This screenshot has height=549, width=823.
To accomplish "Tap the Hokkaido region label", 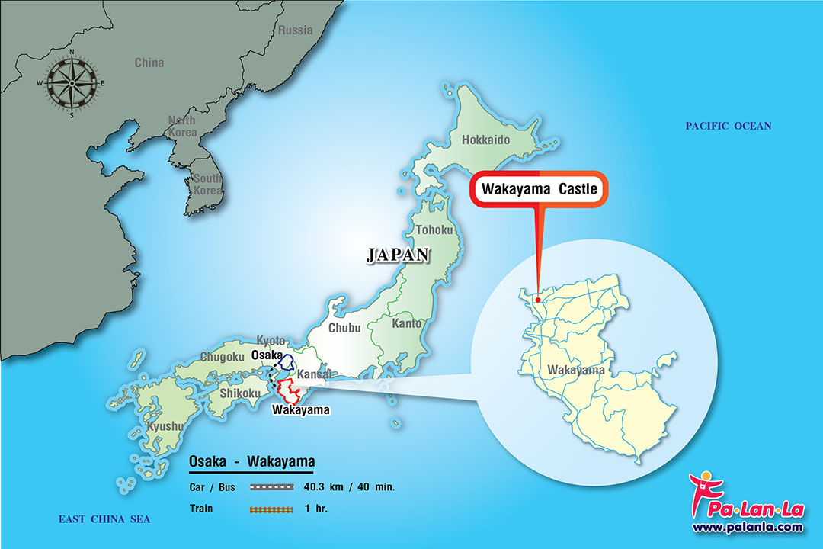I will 485,140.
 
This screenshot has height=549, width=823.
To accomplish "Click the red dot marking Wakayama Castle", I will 537,300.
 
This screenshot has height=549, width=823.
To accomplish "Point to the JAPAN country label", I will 398,255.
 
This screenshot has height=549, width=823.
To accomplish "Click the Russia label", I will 295,30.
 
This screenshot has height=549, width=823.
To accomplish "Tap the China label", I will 149,63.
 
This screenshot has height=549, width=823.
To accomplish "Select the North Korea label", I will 182,127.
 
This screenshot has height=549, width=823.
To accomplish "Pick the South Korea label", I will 207,184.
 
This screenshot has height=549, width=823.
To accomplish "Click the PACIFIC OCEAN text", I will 728,127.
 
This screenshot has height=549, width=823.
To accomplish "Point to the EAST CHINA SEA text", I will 104,519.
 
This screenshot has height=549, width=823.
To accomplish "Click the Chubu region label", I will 344,329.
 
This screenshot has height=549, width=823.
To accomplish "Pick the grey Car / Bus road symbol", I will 271,486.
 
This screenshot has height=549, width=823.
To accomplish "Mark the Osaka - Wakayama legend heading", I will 251,463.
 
